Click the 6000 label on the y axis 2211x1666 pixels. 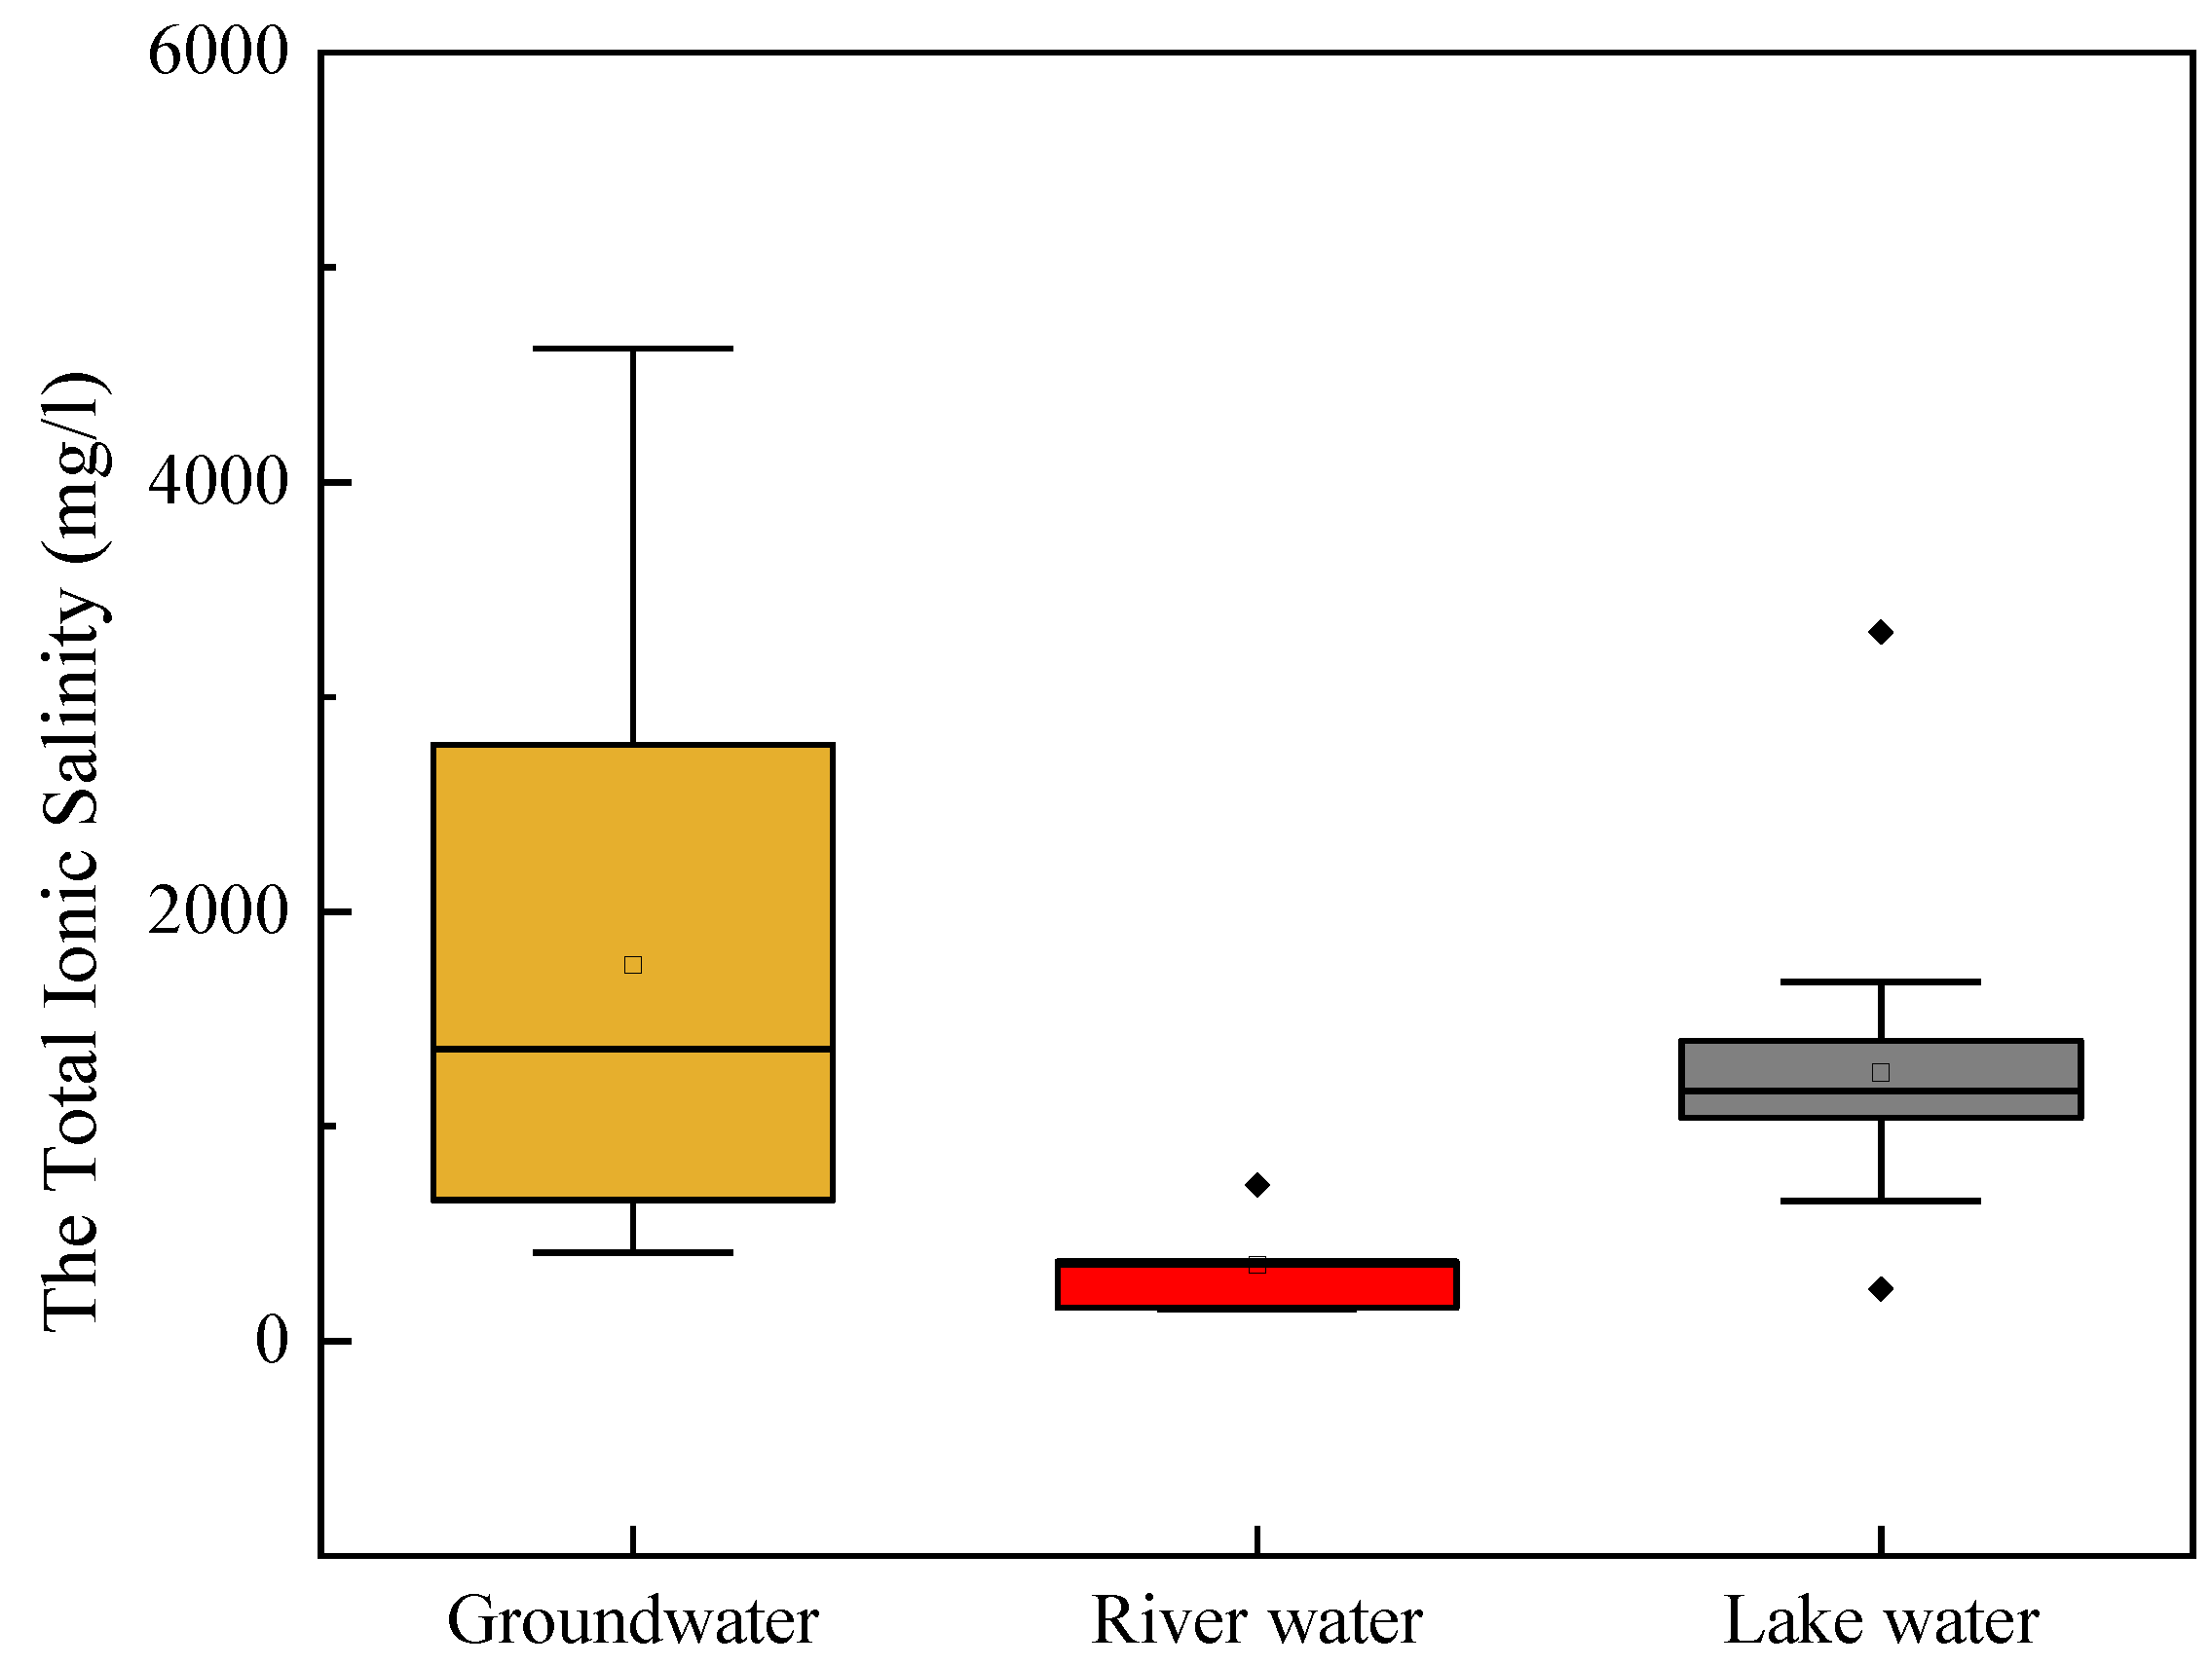[x=217, y=52]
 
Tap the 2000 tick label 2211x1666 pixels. [x=217, y=910]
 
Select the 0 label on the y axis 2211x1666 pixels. [x=271, y=1340]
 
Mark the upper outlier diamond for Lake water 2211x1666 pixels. [x=1880, y=632]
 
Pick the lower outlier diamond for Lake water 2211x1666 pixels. [x=1880, y=1289]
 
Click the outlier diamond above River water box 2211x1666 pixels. [x=1256, y=1185]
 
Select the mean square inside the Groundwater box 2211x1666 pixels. [x=633, y=964]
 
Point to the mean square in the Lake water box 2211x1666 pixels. [x=1880, y=1072]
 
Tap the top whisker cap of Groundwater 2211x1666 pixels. [x=633, y=349]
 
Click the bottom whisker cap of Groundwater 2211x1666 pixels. [x=633, y=1252]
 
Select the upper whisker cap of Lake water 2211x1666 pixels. [x=1880, y=982]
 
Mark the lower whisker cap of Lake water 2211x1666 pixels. [x=1880, y=1201]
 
